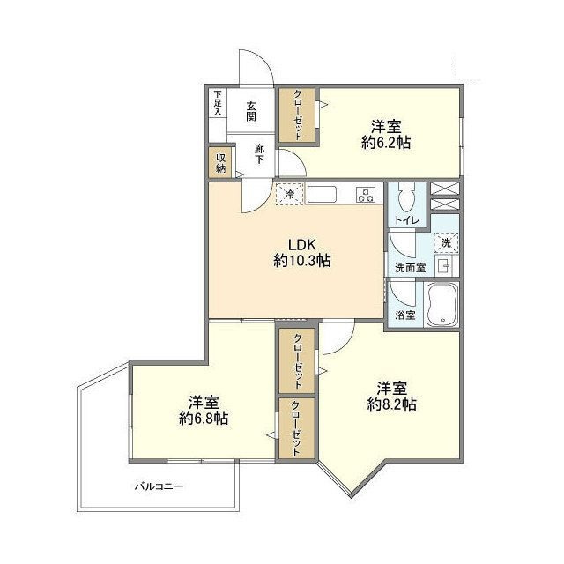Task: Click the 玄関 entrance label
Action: point(251,112)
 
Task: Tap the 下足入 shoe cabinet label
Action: point(218,102)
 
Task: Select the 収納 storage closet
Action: point(220,163)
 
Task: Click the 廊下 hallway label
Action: point(259,154)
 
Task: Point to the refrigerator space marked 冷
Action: point(289,194)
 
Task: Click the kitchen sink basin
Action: point(322,195)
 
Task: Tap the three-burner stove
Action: point(366,195)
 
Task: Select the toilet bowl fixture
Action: point(407,199)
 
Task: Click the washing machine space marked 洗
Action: point(446,243)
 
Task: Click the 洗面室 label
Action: point(410,268)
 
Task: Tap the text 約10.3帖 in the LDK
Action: point(302,261)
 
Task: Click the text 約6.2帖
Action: point(386,143)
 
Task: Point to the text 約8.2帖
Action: point(391,404)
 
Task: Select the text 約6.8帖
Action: point(204,419)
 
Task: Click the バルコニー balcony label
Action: point(160,487)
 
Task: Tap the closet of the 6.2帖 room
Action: point(298,115)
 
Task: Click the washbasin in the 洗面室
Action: point(444,266)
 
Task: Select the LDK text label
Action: point(302,245)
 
